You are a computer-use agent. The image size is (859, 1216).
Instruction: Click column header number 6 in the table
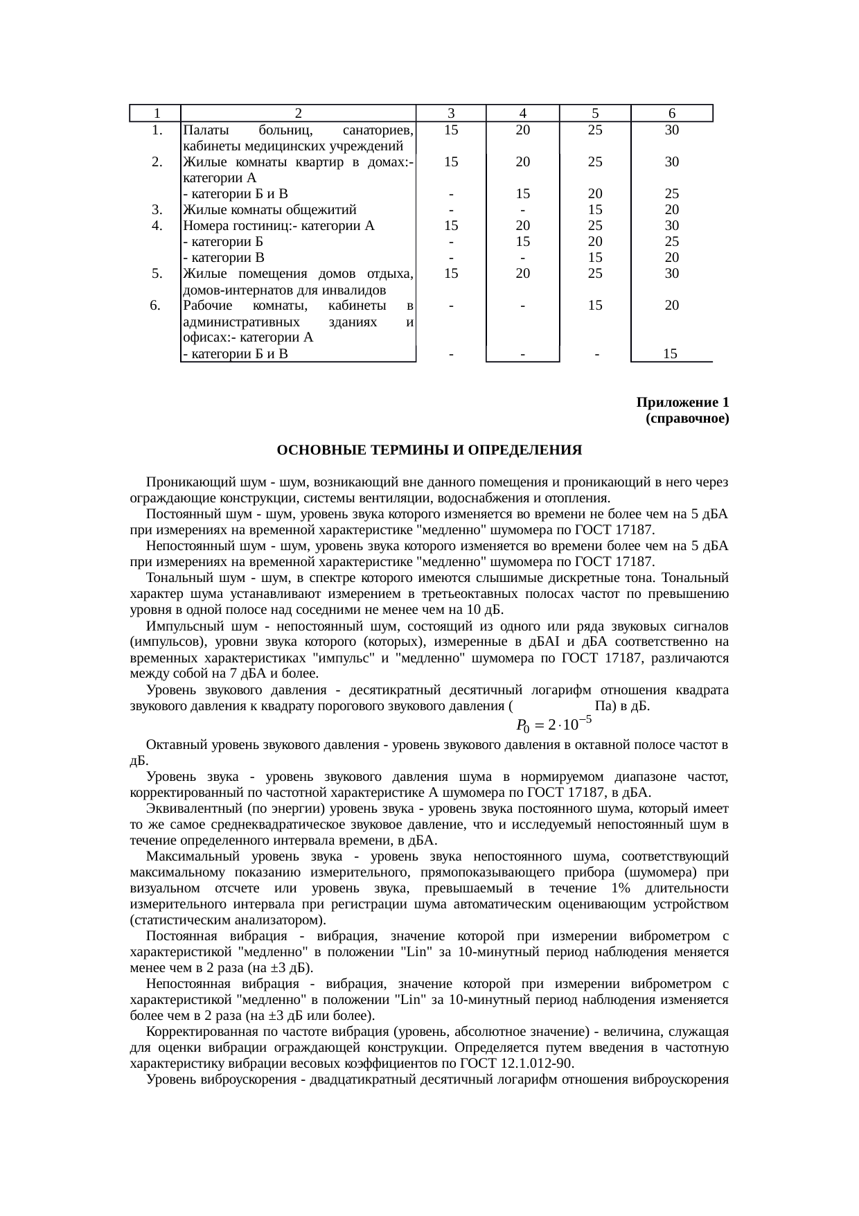[x=671, y=113]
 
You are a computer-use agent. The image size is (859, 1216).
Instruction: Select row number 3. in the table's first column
[x=157, y=209]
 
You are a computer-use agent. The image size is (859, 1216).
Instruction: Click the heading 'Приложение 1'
[x=682, y=403]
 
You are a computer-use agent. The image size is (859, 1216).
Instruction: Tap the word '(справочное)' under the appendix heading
[x=687, y=419]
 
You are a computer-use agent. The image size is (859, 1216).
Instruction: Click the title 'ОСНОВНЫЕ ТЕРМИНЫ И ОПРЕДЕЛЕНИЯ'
[x=429, y=450]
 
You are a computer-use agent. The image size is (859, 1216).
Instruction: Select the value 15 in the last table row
[x=670, y=353]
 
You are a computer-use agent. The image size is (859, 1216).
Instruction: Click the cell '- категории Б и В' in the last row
[x=236, y=353]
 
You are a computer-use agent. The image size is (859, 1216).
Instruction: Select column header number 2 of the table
[x=297, y=113]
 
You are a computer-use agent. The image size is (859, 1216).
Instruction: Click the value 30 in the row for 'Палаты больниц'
[x=671, y=130]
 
